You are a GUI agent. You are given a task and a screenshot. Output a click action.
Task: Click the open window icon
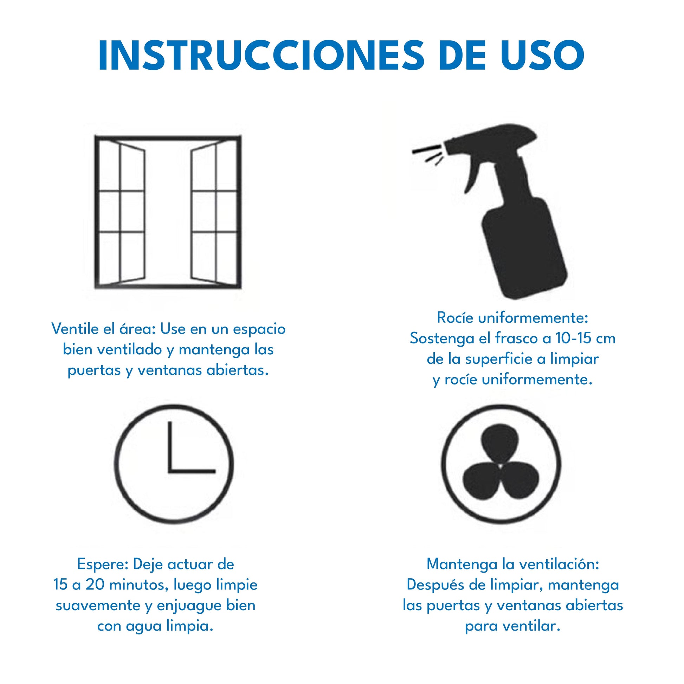tap(168, 212)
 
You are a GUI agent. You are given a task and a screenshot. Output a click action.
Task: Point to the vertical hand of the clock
tap(170, 447)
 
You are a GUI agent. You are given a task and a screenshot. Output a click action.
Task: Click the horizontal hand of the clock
tap(192, 471)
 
